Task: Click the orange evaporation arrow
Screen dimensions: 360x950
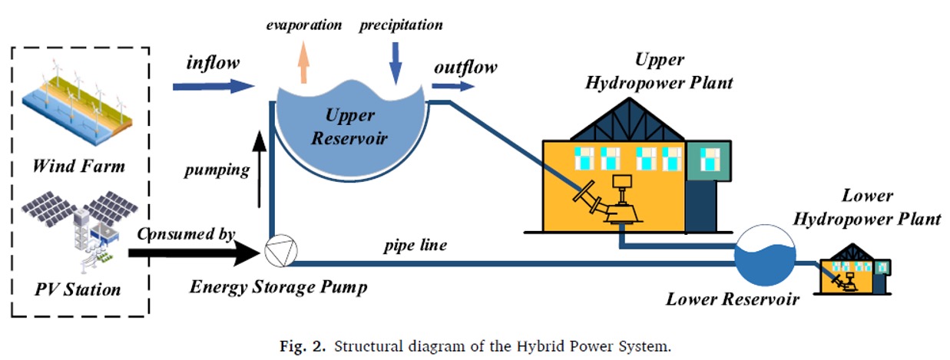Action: (303, 61)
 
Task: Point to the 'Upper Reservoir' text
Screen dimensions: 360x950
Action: (349, 127)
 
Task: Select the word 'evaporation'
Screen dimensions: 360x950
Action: (304, 25)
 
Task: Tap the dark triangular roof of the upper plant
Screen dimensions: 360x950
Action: (620, 123)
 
